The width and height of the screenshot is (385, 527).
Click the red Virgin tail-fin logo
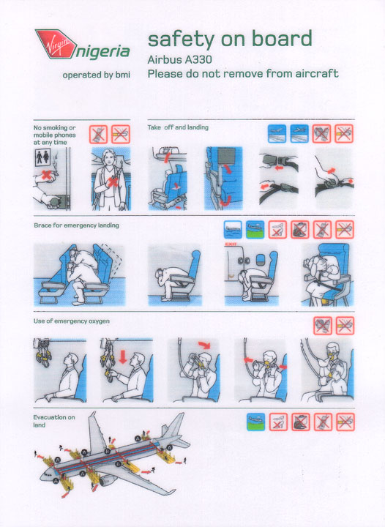[x=56, y=43]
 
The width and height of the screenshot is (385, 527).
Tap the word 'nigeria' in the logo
[x=102, y=52]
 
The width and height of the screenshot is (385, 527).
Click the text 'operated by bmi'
[x=96, y=75]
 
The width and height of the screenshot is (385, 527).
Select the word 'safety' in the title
[x=181, y=39]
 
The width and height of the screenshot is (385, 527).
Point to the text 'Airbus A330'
[x=180, y=60]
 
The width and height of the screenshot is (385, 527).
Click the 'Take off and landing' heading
[x=178, y=127]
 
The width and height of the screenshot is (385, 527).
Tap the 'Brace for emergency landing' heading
[x=76, y=225]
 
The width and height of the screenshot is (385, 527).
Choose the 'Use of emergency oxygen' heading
[x=71, y=321]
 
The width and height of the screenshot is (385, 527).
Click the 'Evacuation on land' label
[x=53, y=421]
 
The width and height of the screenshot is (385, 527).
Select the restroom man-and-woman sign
[x=42, y=157]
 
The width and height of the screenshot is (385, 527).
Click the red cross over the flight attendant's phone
[x=112, y=182]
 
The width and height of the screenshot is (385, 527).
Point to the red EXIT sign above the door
[x=232, y=244]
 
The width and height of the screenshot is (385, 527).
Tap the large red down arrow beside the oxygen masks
[x=123, y=357]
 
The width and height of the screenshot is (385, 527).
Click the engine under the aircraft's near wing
[x=108, y=480]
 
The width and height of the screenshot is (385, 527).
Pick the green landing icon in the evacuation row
[x=255, y=422]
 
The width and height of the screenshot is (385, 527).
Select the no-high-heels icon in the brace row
[x=277, y=230]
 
